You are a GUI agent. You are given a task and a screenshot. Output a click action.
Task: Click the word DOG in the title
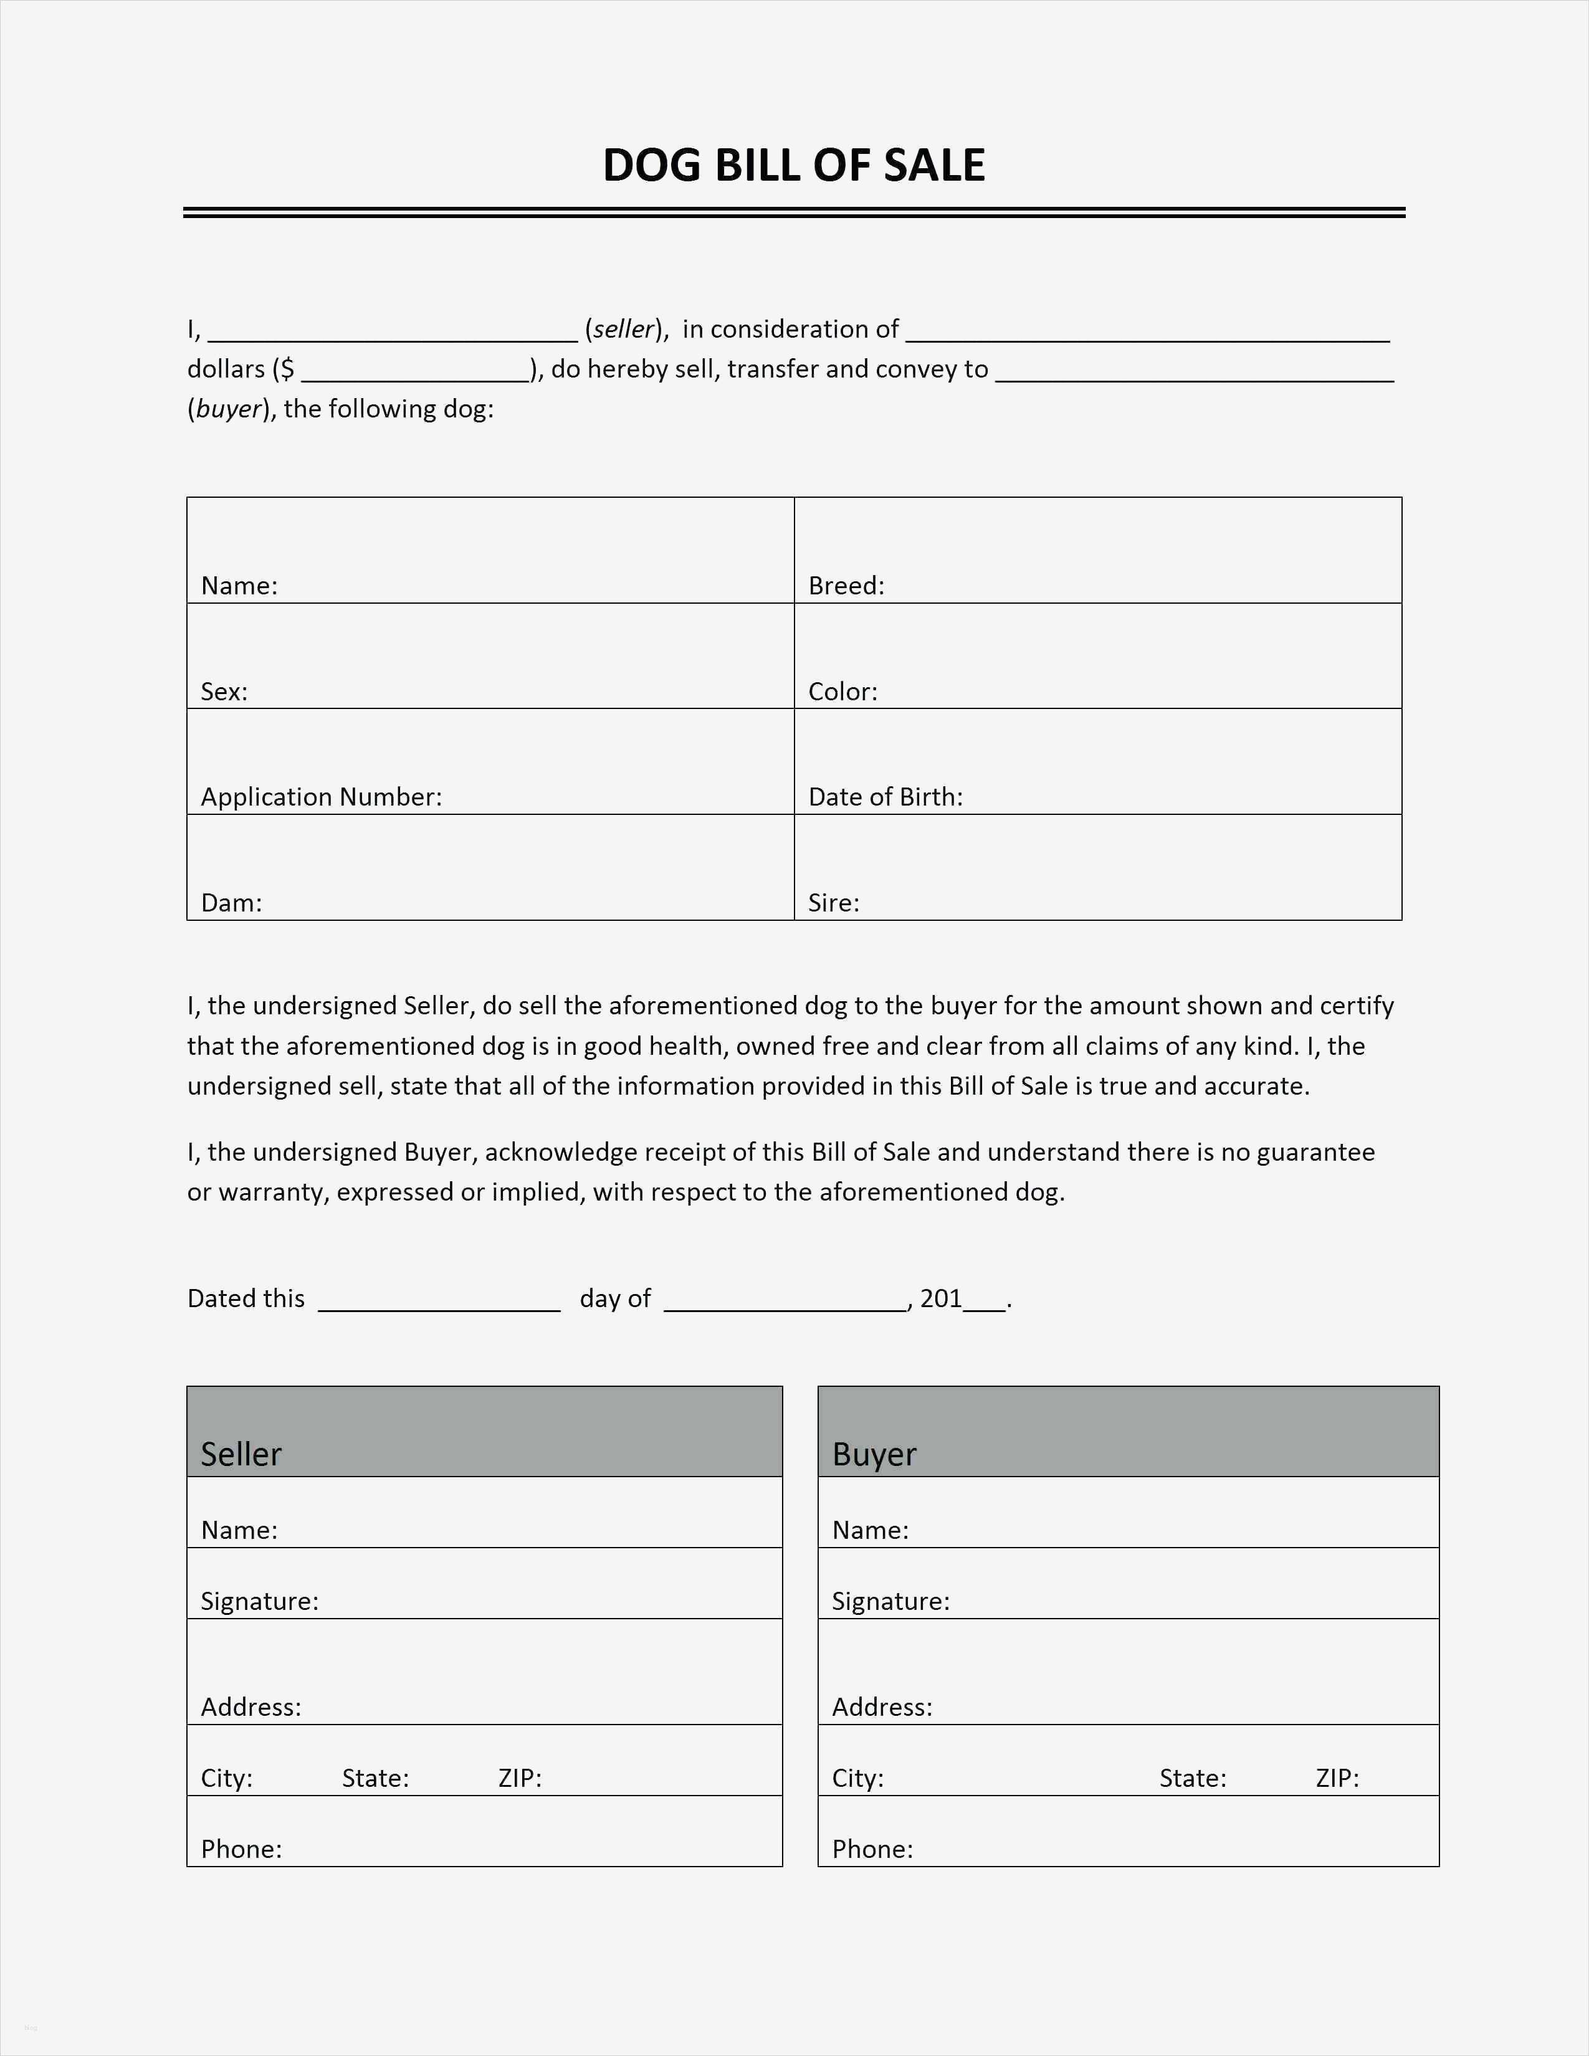pos(652,166)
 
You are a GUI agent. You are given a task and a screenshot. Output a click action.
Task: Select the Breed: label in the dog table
pos(846,586)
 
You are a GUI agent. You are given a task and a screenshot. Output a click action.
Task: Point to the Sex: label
pos(224,692)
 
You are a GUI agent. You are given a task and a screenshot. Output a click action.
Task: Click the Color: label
pos(842,692)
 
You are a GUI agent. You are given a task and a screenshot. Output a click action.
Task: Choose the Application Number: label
pos(321,797)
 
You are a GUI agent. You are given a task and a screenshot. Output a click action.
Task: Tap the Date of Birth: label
pos(885,797)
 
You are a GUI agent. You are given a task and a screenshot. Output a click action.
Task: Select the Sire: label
pos(833,903)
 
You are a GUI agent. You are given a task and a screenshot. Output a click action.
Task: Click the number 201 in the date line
pos(940,1298)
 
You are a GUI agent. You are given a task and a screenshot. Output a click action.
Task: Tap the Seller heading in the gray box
pos(241,1454)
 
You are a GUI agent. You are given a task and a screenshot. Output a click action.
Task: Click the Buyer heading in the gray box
pos(874,1454)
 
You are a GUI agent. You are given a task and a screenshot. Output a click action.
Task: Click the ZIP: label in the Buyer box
pos(1337,1778)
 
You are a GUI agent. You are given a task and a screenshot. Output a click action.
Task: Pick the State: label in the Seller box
pos(375,1778)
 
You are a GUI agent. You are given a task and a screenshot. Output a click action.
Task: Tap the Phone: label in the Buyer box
pos(872,1849)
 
